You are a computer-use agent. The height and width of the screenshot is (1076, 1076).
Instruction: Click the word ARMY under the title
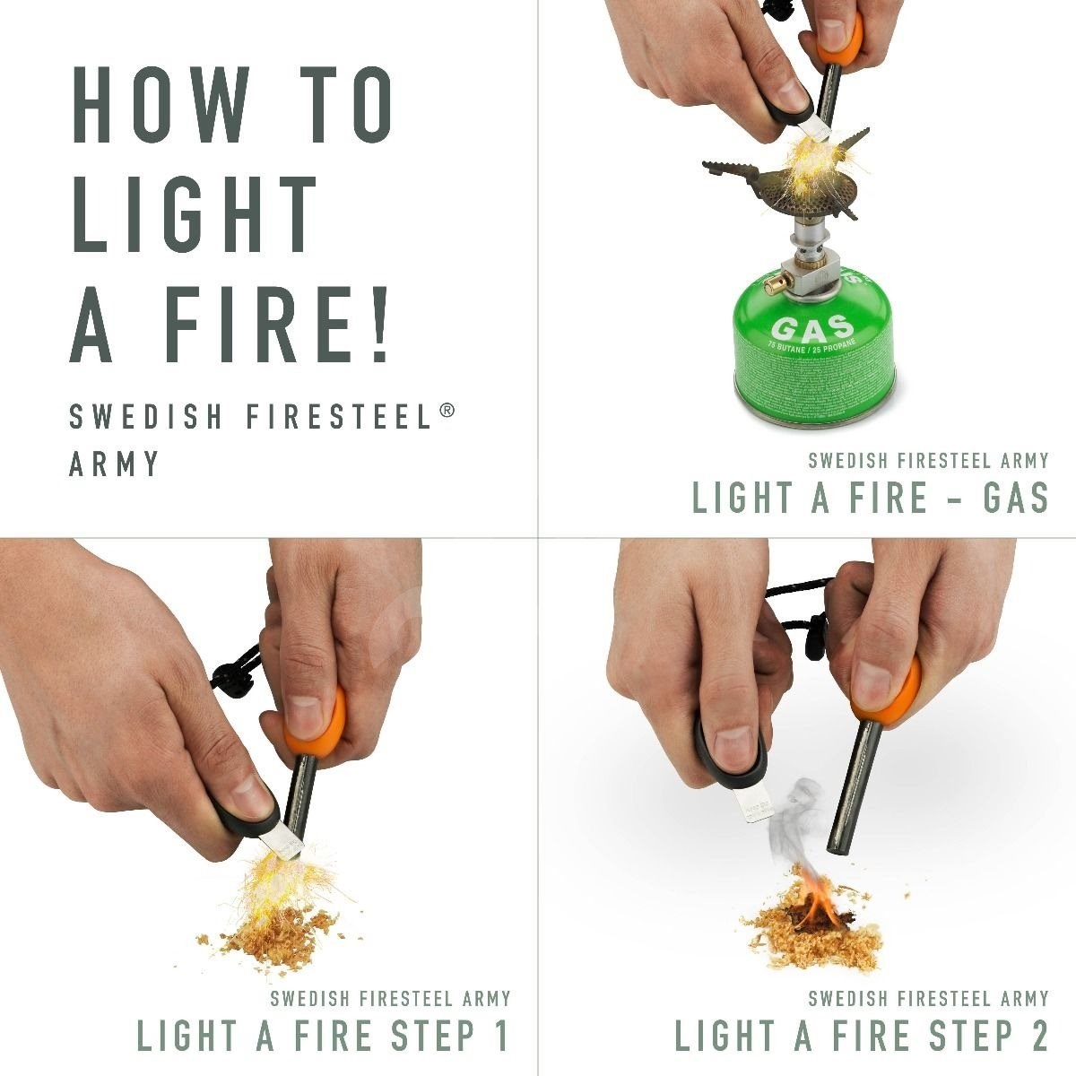(115, 464)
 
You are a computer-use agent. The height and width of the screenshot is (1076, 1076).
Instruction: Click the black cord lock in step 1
(234, 674)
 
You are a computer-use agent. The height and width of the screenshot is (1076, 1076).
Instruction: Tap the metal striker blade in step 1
(289, 838)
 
